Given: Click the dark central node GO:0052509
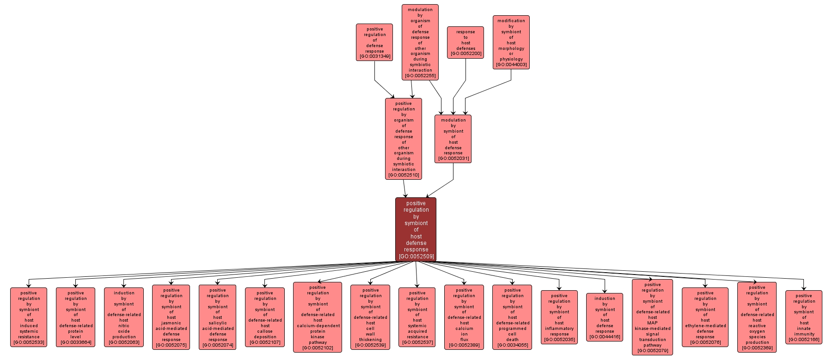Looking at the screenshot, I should pyautogui.click(x=416, y=229).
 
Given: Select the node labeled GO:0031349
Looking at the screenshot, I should pyautogui.click(x=374, y=43).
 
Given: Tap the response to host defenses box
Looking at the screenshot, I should pyautogui.click(x=465, y=43).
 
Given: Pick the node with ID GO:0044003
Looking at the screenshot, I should pyautogui.click(x=511, y=43).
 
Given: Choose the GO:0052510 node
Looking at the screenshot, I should pyautogui.click(x=404, y=139).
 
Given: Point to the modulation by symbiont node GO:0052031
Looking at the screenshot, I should pyautogui.click(x=453, y=139).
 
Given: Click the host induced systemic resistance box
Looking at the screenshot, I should pyautogui.click(x=29, y=317).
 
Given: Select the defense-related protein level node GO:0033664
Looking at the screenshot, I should pyautogui.click(x=75, y=317).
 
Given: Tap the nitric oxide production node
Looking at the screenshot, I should pyautogui.click(x=124, y=317).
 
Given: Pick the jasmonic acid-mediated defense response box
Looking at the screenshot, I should pyautogui.click(x=171, y=317).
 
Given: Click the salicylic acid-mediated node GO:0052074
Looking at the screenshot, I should pyautogui.click(x=217, y=317).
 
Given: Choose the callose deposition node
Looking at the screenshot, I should pyautogui.click(x=265, y=317).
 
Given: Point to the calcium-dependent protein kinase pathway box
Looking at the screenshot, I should pyautogui.click(x=318, y=317).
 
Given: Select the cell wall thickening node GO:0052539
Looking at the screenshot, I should pyautogui.click(x=370, y=317).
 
